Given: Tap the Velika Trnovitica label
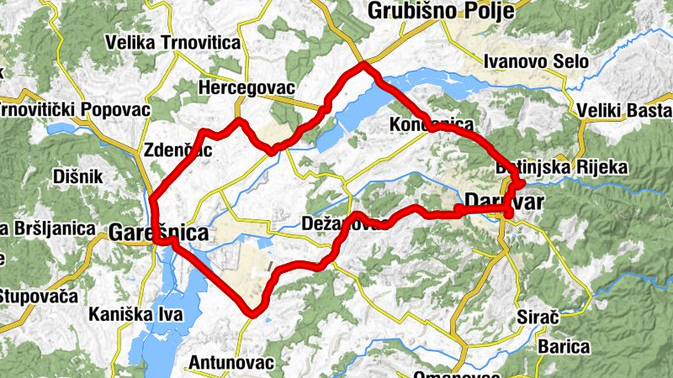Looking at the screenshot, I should pyautogui.click(x=172, y=43).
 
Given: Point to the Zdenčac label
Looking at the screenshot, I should pyautogui.click(x=176, y=150).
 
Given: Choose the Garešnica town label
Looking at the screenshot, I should pyautogui.click(x=158, y=234).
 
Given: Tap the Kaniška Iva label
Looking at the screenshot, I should pyautogui.click(x=133, y=316).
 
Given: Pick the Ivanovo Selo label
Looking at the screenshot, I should pyautogui.click(x=537, y=61).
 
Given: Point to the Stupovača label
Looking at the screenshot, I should pyautogui.click(x=38, y=296).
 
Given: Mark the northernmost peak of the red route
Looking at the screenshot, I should pyautogui.click(x=363, y=63).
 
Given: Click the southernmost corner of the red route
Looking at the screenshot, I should pyautogui.click(x=252, y=314).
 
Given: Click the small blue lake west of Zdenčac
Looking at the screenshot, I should pyautogui.click(x=63, y=129).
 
